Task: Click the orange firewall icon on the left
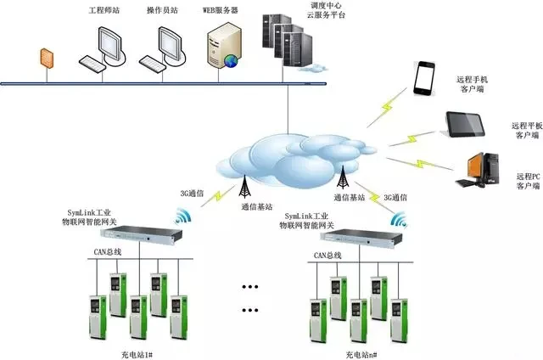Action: [46, 58]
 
